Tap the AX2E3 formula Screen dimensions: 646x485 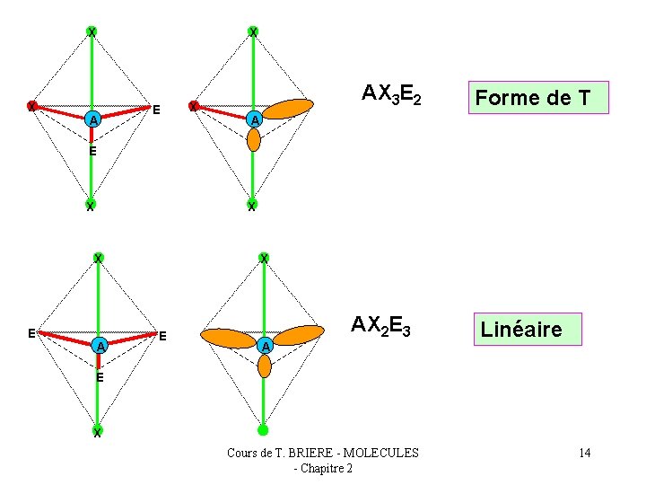point(380,325)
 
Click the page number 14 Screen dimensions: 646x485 point(584,453)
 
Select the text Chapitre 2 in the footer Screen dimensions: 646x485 point(327,469)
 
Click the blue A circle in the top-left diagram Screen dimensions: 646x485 point(91,119)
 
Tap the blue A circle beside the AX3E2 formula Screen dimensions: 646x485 point(255,119)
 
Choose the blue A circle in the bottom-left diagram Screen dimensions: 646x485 point(100,346)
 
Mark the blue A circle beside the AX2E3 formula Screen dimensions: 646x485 point(264,346)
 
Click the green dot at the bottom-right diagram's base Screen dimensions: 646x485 point(263,430)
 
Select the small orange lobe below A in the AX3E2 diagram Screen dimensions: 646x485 point(254,140)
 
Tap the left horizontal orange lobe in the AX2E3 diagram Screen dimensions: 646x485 point(229,338)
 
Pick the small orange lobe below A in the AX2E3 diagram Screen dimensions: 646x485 point(264,366)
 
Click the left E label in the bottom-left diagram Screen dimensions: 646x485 point(31,333)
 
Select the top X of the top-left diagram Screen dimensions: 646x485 point(92,32)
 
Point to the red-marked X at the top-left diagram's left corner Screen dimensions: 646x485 point(31,107)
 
